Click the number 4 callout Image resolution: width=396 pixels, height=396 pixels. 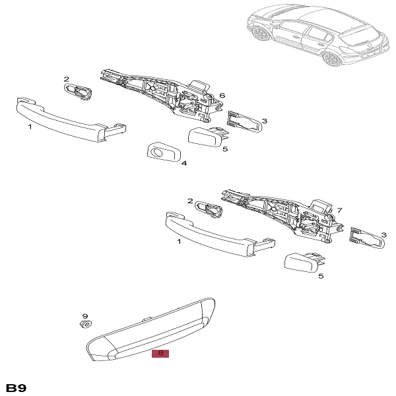[x=184, y=163]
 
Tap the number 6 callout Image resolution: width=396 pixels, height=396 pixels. [x=222, y=96]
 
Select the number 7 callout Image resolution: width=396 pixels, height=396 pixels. [x=340, y=211]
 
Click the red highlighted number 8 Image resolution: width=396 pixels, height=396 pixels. [x=160, y=354]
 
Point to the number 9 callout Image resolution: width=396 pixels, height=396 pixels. [x=84, y=316]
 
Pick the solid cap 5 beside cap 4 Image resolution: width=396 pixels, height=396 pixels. [x=207, y=138]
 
